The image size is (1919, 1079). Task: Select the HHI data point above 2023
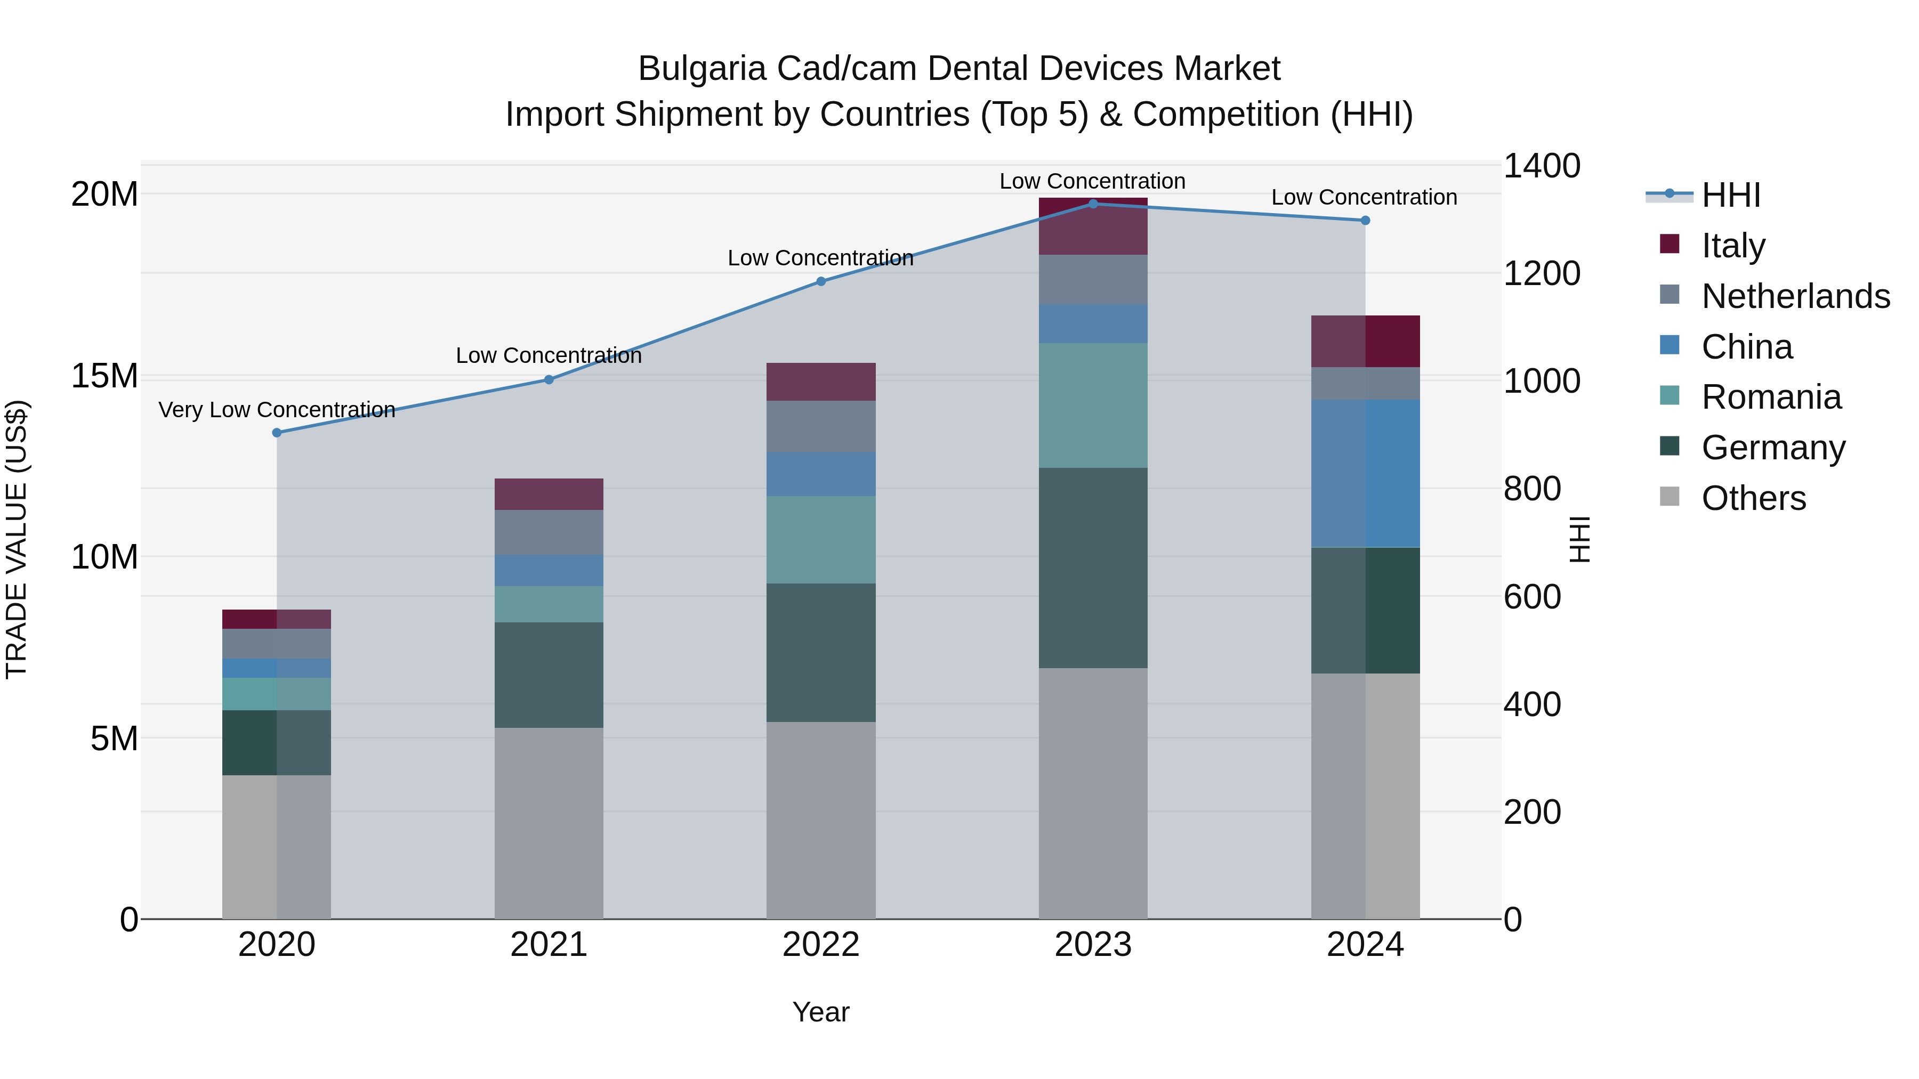(1093, 204)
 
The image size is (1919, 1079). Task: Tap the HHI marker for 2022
(821, 281)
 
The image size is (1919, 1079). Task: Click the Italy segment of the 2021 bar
(549, 494)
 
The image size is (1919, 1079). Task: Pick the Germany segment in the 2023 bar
(1093, 567)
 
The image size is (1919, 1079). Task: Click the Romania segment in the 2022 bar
(821, 539)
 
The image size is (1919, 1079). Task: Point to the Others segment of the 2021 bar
(549, 823)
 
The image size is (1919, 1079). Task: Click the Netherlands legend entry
(1795, 296)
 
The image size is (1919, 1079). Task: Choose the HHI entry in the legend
(1730, 195)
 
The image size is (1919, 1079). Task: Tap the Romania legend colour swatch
(1670, 395)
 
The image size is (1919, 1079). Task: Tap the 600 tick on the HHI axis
(1531, 596)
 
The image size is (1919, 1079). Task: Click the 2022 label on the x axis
(821, 945)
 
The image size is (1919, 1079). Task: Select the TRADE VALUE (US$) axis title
(17, 539)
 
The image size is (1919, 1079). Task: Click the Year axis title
(821, 1012)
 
